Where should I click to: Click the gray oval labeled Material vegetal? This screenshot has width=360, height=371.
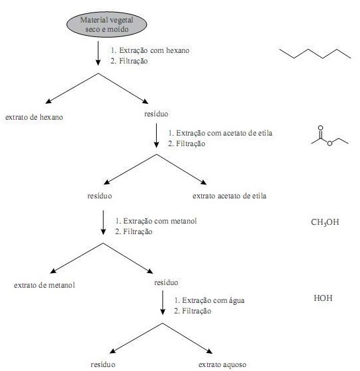[x=107, y=24]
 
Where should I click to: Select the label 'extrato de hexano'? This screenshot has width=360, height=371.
[x=34, y=117]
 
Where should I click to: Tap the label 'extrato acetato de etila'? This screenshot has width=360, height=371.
[x=229, y=196]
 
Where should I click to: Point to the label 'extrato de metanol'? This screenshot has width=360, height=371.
[x=44, y=285]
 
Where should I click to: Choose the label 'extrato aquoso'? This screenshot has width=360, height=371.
[x=222, y=364]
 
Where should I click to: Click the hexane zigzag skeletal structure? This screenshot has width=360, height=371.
[x=315, y=54]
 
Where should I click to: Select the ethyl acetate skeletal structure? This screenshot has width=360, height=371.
[x=330, y=136]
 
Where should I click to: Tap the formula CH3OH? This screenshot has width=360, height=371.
[x=325, y=222]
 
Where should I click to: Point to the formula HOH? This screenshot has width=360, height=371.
[x=323, y=298]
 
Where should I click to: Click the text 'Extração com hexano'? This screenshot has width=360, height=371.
[x=154, y=50]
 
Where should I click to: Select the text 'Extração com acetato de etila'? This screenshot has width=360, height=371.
[x=224, y=133]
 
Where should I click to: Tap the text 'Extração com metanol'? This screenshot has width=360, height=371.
[x=160, y=221]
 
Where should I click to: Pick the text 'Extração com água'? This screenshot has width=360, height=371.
[x=213, y=300]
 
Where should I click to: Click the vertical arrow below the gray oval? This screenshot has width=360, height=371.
[x=98, y=54]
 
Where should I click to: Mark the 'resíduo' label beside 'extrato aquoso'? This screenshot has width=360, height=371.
[x=103, y=364]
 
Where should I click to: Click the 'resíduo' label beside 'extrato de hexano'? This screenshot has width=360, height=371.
[x=156, y=114]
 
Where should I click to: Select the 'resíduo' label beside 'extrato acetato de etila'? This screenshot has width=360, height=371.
[x=100, y=196]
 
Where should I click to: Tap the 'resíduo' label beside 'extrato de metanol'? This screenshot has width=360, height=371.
[x=166, y=282]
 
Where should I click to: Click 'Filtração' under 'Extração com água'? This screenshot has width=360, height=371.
[x=197, y=311]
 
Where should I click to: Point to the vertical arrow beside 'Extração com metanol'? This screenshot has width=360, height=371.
[x=103, y=222]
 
